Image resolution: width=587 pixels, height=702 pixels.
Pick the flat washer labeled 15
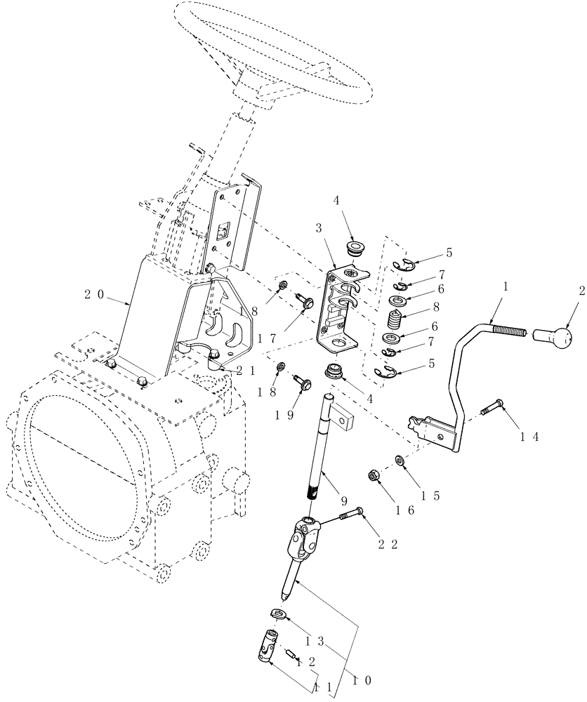click(399, 461)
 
